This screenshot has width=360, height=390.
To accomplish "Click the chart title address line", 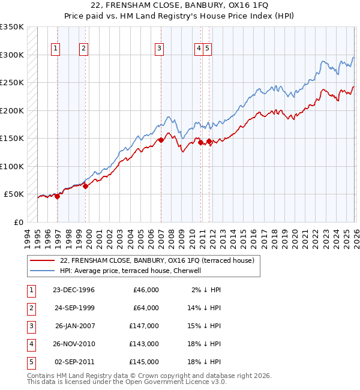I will [x=179, y=5].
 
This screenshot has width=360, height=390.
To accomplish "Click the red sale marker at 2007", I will [x=161, y=140].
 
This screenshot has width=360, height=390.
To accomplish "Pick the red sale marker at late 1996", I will [x=58, y=196].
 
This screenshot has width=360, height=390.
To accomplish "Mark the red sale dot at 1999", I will [x=86, y=186].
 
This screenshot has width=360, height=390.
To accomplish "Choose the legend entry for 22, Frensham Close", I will [x=157, y=260].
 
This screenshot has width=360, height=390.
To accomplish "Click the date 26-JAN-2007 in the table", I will [x=74, y=326].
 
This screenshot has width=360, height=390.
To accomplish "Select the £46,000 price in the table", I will [x=144, y=290].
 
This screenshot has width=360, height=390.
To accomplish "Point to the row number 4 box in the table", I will [x=31, y=344].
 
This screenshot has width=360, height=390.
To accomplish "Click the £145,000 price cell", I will [x=144, y=362].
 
